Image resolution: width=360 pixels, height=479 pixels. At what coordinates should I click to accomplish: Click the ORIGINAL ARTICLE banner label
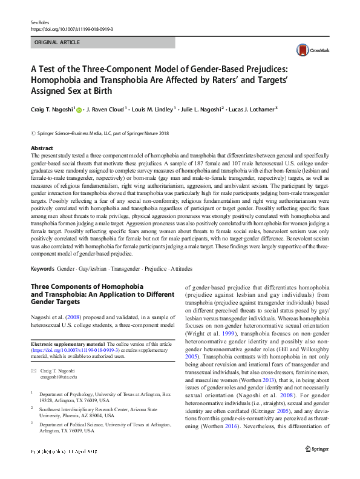pyautogui.click(x=57, y=42)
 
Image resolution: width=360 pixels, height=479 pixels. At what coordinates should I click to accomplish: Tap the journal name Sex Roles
pyautogui.click(x=39, y=22)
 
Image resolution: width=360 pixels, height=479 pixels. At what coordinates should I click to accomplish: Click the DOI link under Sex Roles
pyautogui.click(x=71, y=28)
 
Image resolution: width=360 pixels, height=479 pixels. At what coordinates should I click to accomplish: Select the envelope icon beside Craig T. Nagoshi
pyautogui.click(x=34, y=369)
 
